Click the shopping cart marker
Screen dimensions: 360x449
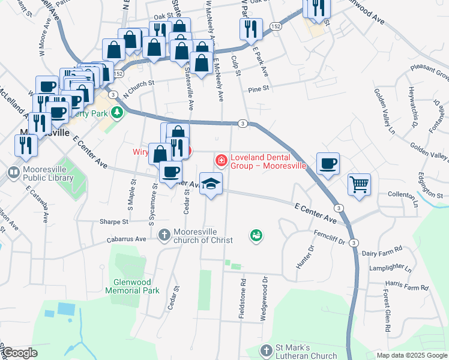pos(359,185)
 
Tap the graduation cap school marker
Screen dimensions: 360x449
pos(211,183)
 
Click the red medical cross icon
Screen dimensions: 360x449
pos(220,160)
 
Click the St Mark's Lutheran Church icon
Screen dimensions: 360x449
pos(267,349)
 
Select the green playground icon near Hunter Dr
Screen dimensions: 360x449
pos(256,236)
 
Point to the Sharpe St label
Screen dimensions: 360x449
pos(115,221)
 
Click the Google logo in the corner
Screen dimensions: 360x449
pos(19,353)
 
